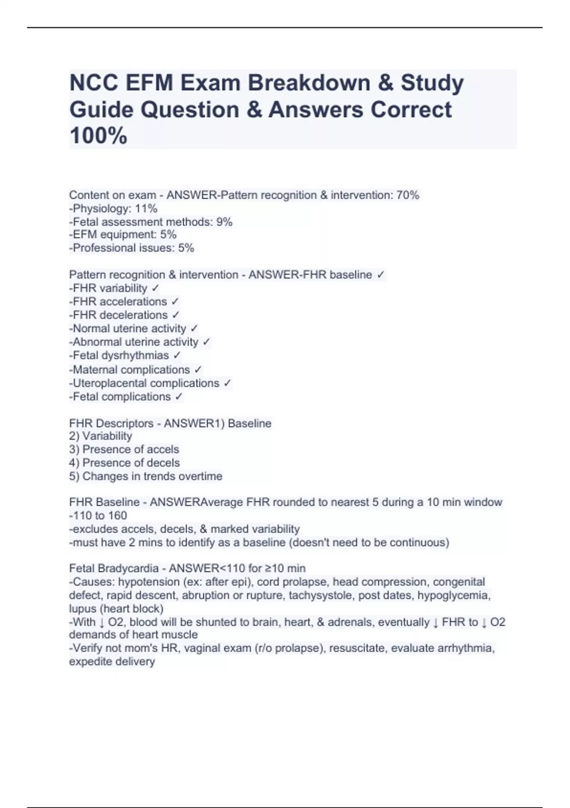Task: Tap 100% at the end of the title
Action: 98,135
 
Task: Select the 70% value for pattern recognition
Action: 408,195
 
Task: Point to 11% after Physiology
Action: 146,208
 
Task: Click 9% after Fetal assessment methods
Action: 224,221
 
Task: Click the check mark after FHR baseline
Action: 380,275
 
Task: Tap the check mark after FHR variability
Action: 155,288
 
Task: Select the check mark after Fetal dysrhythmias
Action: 177,355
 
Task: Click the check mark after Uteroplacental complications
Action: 227,383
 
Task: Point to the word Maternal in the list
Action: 95,370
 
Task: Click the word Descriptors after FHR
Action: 125,423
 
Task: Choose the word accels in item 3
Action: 163,449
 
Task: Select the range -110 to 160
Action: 98,515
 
